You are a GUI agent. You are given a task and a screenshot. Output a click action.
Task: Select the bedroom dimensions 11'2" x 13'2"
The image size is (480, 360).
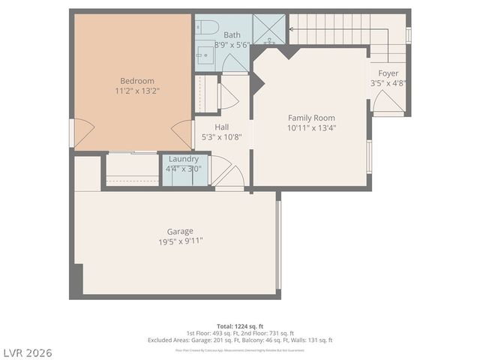click(x=137, y=91)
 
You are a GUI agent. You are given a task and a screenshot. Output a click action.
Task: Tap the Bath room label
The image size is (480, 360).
click(x=232, y=34)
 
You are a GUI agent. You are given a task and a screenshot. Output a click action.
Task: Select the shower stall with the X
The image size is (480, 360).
click(x=268, y=29)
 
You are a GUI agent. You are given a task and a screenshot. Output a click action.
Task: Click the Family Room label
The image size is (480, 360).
click(x=311, y=118)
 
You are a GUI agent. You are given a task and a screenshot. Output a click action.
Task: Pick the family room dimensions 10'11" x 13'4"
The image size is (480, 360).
click(x=311, y=127)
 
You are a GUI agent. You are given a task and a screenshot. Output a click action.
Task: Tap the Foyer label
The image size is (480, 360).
click(x=388, y=73)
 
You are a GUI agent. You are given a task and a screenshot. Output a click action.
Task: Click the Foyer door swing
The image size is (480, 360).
click(x=387, y=103)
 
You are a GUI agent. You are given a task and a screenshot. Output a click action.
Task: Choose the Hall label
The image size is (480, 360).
click(x=222, y=127)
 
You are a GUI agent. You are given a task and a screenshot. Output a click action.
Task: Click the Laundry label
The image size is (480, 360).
click(x=183, y=159)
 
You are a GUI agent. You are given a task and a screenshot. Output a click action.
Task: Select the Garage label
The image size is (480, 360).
click(x=180, y=231)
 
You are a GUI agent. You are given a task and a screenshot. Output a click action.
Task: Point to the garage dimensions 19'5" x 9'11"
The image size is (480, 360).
click(x=180, y=241)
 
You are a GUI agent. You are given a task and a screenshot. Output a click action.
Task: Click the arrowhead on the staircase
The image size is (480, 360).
click(x=292, y=30)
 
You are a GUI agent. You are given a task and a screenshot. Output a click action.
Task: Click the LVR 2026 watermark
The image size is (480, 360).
click(x=26, y=352)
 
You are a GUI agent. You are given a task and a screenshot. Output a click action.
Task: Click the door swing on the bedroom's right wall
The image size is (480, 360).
click(x=182, y=133)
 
